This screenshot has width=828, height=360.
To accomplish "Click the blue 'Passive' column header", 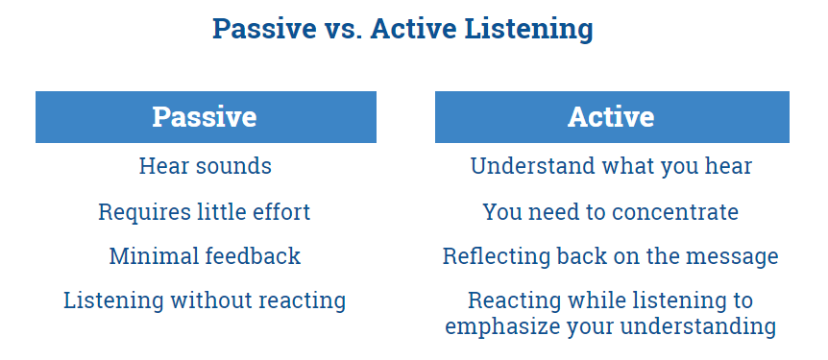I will tap(206, 117).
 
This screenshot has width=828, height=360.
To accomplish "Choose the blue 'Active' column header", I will tap(611, 117).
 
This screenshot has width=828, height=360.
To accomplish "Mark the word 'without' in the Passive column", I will tap(208, 300).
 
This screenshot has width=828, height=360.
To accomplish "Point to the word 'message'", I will tap(738, 256).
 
